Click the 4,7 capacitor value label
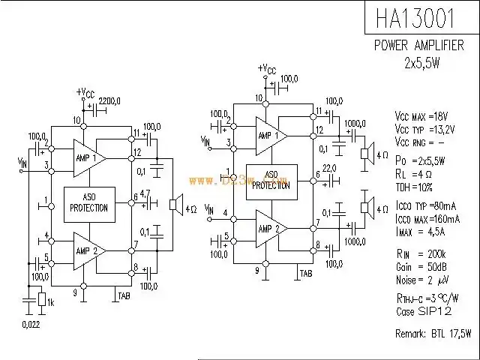click(x=146, y=193)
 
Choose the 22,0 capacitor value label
click(x=329, y=167)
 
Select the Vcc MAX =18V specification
click(x=421, y=116)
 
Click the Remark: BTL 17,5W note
click(x=433, y=331)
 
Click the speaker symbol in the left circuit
click(x=173, y=203)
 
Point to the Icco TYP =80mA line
click(x=424, y=205)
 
